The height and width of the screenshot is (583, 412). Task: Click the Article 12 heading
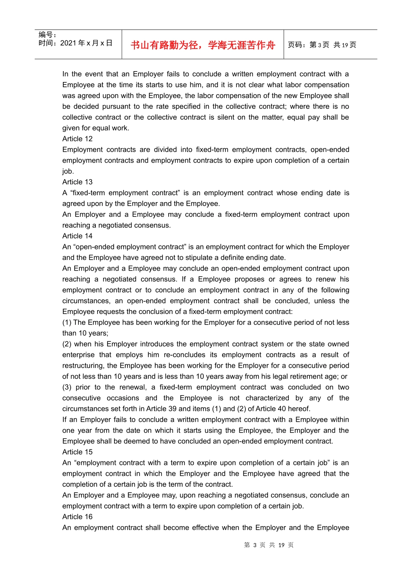point(77,139)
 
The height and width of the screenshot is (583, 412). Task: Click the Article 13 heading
point(77,182)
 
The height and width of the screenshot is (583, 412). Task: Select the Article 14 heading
point(77,236)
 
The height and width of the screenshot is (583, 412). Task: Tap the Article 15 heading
point(77,452)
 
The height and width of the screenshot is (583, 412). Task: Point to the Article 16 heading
point(77,517)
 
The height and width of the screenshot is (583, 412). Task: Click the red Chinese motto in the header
point(203,45)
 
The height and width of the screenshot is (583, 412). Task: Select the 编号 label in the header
point(47,35)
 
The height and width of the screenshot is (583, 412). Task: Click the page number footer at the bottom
point(269,545)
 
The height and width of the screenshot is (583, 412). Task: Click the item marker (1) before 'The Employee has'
point(67,322)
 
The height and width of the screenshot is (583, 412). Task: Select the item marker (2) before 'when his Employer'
point(67,344)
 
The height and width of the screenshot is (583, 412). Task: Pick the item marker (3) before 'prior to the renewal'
point(67,387)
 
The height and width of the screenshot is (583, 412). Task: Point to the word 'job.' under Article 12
point(68,171)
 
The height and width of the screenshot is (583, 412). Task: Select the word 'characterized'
point(267,398)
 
